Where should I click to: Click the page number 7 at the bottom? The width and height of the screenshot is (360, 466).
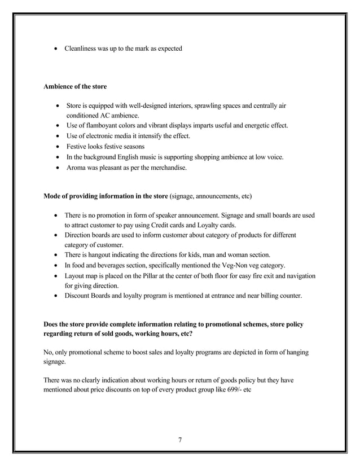(x=179, y=441)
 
